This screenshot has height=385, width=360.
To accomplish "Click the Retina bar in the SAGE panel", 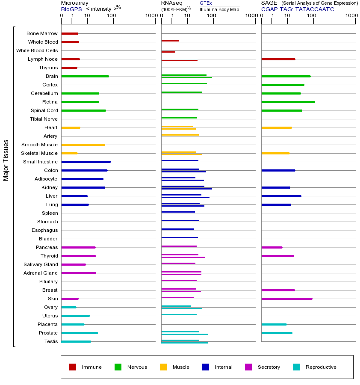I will click(x=288, y=102).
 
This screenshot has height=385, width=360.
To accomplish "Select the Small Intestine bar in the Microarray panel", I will click(x=86, y=162).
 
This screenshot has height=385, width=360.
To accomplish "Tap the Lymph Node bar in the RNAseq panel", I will click(x=179, y=60).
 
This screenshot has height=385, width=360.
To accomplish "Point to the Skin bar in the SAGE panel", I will click(x=286, y=299).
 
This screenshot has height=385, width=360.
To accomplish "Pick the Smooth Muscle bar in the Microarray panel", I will click(x=83, y=145).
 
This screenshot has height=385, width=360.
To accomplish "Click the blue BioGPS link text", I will click(x=71, y=9).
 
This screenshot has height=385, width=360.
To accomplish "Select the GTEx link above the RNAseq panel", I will click(x=206, y=3).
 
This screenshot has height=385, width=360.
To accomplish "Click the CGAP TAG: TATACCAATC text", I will click(x=298, y=9).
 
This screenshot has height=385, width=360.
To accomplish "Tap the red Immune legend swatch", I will click(x=73, y=367).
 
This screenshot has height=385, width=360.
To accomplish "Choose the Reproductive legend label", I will click(x=321, y=367).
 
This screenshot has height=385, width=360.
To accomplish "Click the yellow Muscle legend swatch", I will click(x=163, y=367).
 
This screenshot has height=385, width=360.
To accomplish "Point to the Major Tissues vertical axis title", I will click(x=6, y=160).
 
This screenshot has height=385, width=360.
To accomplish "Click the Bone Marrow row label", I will click(x=42, y=33).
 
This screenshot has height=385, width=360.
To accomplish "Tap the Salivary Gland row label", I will click(x=41, y=264).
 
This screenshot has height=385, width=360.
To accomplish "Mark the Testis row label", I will click(x=51, y=341).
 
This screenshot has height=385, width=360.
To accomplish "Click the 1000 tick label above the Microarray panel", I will click(x=150, y=16).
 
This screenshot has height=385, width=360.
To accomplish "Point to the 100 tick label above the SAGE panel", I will click(x=311, y=16).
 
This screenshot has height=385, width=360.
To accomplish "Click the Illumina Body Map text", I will click(x=219, y=9).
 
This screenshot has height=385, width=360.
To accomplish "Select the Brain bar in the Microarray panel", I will click(x=85, y=76).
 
